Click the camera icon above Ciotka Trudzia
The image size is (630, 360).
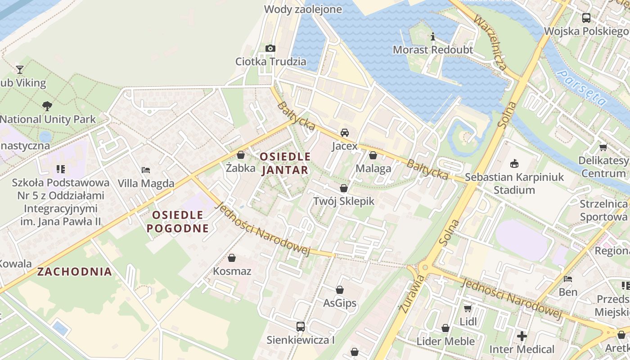pyautogui.click(x=270, y=48)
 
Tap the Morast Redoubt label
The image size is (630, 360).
pyautogui.click(x=433, y=49)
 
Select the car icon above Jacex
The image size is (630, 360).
pyautogui.click(x=345, y=133)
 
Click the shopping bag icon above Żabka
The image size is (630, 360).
pyautogui.click(x=241, y=155)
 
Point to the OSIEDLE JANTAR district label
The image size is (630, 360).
pyautogui.click(x=285, y=163)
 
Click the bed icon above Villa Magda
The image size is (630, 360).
pyautogui.click(x=146, y=170)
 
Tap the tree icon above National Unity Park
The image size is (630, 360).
pyautogui.click(x=47, y=106)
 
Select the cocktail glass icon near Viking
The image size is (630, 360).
pyautogui.click(x=20, y=69)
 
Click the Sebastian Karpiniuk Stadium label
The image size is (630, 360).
pyautogui.click(x=514, y=183)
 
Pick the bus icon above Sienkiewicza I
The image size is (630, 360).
pyautogui.click(x=300, y=327)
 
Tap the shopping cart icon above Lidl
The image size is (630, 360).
pyautogui.click(x=468, y=309)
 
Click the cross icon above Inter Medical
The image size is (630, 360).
pyautogui.click(x=522, y=336)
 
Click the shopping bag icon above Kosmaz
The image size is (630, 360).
pyautogui.click(x=232, y=258)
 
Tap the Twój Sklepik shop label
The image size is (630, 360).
pyautogui.click(x=344, y=201)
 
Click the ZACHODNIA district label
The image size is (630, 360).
pyautogui.click(x=75, y=271)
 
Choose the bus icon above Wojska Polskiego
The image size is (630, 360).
pyautogui.click(x=586, y=18)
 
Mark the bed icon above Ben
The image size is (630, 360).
pyautogui.click(x=568, y=279)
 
